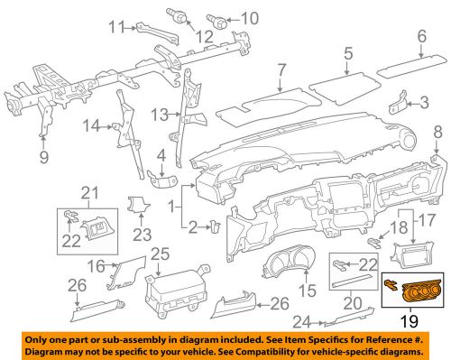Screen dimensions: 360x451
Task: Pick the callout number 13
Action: pyautogui.click(x=160, y=114)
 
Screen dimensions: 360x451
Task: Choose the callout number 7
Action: pyautogui.click(x=282, y=69)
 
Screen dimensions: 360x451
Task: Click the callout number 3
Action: pyautogui.click(x=423, y=105)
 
